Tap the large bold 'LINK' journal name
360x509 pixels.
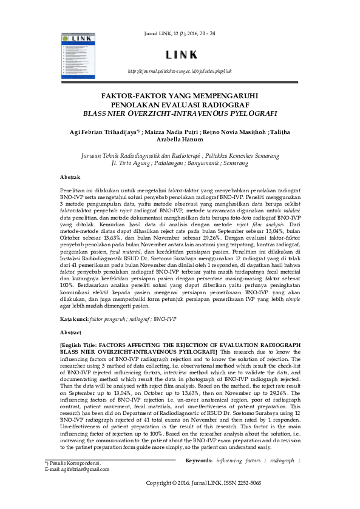coord(180,55)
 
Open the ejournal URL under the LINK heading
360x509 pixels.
coord(180,72)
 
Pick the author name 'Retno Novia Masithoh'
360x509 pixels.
coord(237,130)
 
